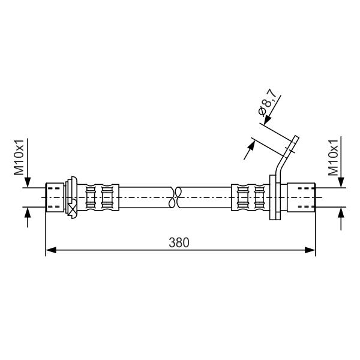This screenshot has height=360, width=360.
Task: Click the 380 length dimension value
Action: click(179, 242)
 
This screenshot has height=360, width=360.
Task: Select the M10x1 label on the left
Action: click(19, 157)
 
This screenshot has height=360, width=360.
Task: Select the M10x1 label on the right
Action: click(334, 157)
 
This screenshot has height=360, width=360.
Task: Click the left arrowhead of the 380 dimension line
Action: click(51, 250)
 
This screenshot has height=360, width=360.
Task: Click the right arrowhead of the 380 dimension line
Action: click(310, 250)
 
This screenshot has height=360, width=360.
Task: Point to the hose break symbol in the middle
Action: click(175, 197)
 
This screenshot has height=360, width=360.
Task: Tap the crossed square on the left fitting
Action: click(73, 209)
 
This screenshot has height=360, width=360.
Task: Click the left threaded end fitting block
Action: click(55, 197)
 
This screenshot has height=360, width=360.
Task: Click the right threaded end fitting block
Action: click(301, 197)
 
